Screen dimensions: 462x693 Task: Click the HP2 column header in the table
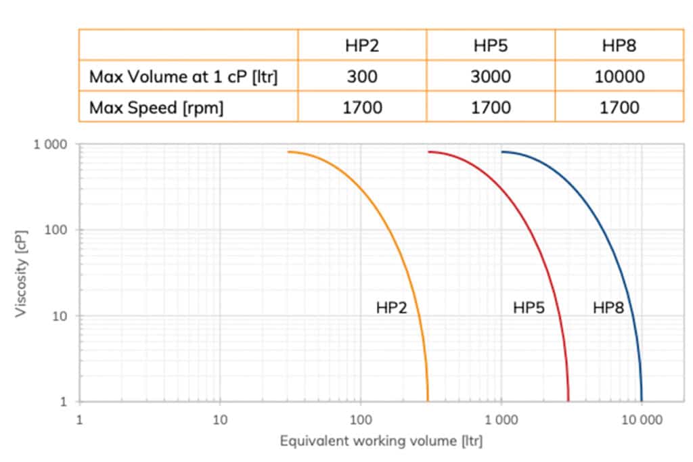click(362, 46)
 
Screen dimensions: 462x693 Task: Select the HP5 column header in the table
click(491, 46)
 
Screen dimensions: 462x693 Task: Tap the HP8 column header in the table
click(619, 46)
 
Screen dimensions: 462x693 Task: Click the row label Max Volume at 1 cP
click(183, 76)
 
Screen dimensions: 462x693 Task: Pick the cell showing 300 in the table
click(362, 76)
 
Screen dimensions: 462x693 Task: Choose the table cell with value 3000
click(491, 76)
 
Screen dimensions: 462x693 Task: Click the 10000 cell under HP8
click(619, 76)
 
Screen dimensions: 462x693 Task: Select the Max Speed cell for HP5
click(491, 107)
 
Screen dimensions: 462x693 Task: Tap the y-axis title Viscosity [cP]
click(22, 272)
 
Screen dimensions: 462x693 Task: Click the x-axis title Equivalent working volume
click(381, 442)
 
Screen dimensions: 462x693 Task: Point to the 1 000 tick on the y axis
click(51, 145)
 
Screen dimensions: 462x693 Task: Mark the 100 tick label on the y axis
click(56, 230)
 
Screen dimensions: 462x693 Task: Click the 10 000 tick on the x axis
click(641, 419)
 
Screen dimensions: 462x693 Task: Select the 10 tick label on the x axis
click(219, 419)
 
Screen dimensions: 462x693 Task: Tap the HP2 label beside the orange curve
click(391, 308)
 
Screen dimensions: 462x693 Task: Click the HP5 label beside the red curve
click(529, 308)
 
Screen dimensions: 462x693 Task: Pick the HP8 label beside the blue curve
click(608, 308)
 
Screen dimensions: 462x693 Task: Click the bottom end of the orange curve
click(428, 400)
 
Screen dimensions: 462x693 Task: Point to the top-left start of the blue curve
click(502, 152)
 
